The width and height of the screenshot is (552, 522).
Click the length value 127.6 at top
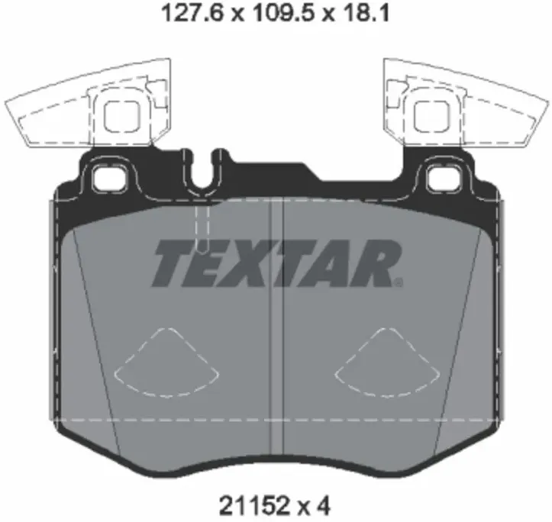coord(191,14)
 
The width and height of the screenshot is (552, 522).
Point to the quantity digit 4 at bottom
coord(323,507)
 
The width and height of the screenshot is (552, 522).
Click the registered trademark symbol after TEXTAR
coord(399,282)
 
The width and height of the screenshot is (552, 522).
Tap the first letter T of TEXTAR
coord(173,263)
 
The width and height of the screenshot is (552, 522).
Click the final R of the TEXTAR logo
coord(374,263)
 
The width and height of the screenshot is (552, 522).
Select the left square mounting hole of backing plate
coord(110,179)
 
